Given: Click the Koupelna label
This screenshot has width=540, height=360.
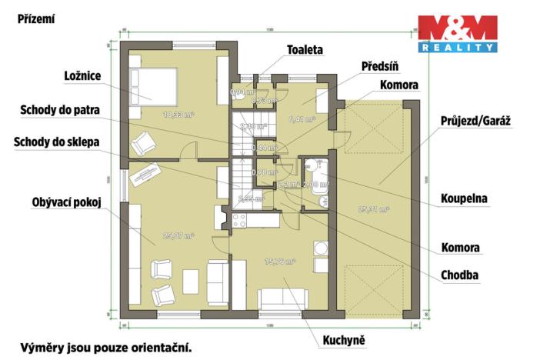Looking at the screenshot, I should pyautogui.click(x=464, y=198).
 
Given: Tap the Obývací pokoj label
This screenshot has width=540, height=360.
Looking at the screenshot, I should pyautogui.click(x=67, y=203).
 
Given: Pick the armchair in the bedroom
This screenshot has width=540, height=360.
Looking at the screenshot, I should pyautogui.click(x=144, y=143).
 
